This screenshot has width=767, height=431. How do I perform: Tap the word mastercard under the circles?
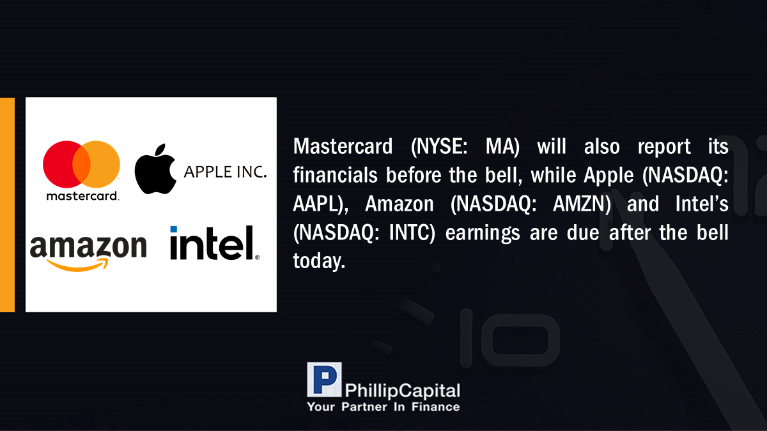click(82, 196)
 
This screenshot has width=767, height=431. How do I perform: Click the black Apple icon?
click(155, 169)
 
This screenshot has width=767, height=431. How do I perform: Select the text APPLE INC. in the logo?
click(225, 172)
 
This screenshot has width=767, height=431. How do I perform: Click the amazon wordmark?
click(88, 246)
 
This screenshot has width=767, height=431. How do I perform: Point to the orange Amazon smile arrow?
click(78, 265)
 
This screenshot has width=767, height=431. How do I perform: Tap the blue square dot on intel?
click(174, 229)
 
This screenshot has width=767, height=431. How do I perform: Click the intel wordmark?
click(215, 243)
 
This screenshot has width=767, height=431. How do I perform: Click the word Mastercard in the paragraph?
click(343, 146)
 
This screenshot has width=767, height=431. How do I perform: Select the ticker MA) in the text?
click(502, 147)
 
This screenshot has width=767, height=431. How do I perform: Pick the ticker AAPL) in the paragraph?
click(320, 204)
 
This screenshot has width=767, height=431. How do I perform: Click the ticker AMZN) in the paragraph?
click(582, 204)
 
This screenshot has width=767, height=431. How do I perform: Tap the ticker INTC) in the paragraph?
click(412, 233)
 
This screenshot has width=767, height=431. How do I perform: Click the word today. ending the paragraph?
click(319, 261)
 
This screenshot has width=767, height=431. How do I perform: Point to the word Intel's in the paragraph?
click(702, 204)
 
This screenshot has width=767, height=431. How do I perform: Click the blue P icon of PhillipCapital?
click(324, 379)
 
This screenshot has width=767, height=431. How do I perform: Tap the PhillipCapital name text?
click(402, 391)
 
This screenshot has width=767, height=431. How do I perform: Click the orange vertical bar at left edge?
click(7, 204)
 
